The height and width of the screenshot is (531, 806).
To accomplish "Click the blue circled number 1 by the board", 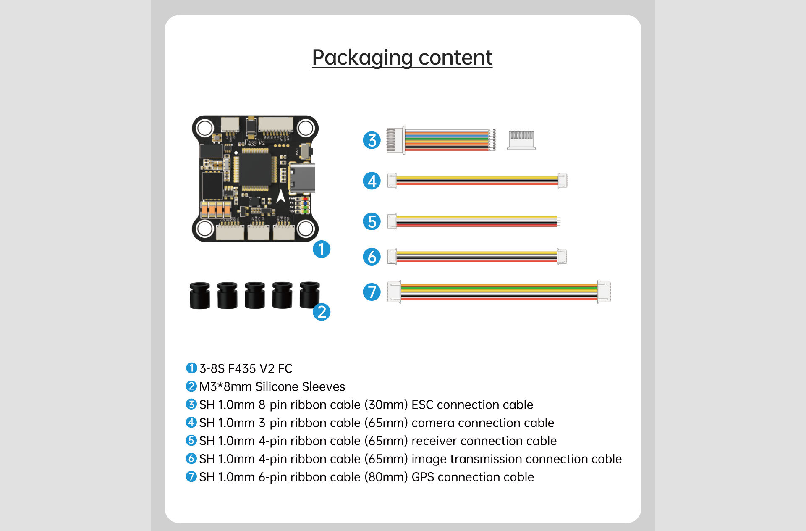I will pyautogui.click(x=322, y=249).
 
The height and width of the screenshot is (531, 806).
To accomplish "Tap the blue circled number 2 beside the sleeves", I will pyautogui.click(x=322, y=312).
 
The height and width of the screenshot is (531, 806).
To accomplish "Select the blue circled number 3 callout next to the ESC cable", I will pyautogui.click(x=372, y=140).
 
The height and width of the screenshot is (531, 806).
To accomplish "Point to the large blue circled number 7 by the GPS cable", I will pyautogui.click(x=372, y=292).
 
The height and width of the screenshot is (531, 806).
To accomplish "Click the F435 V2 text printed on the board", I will pyautogui.click(x=254, y=143).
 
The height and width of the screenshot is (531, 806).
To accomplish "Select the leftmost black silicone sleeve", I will pyautogui.click(x=200, y=295).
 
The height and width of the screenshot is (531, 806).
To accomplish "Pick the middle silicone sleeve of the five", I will pyautogui.click(x=255, y=295).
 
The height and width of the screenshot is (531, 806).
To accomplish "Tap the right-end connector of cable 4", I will pyautogui.click(x=563, y=181).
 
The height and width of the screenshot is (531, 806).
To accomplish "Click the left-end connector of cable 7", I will pyautogui.click(x=394, y=292).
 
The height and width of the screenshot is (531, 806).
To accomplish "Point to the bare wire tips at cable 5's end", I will pyautogui.click(x=559, y=221).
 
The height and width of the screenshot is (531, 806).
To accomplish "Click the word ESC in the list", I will pyautogui.click(x=423, y=405).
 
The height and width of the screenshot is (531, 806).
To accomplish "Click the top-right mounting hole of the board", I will pyautogui.click(x=305, y=128).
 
